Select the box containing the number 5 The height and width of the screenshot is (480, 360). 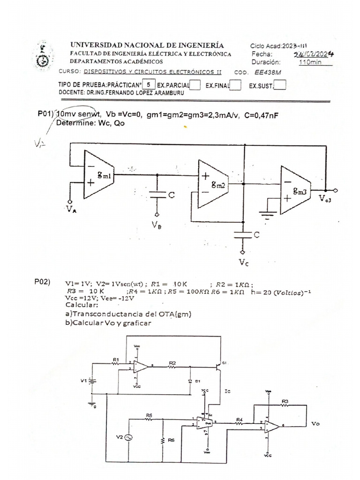149,85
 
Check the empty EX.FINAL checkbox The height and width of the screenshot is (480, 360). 236,85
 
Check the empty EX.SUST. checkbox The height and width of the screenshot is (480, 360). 280,85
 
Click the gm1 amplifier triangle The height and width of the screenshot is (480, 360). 99,174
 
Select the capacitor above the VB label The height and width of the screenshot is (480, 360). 157,195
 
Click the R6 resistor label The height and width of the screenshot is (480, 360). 172,441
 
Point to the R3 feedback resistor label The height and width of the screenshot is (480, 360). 285,401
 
